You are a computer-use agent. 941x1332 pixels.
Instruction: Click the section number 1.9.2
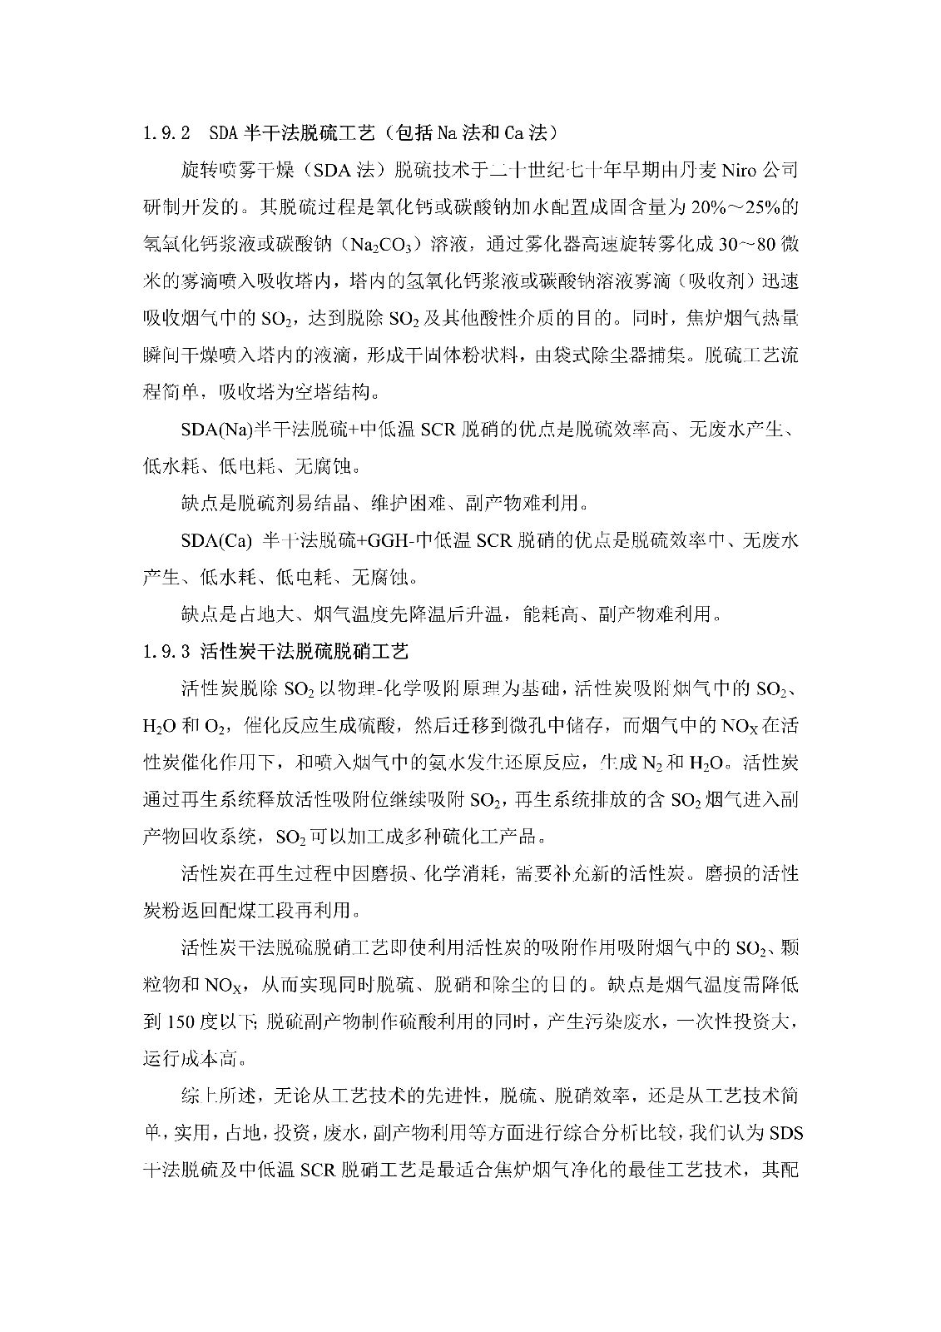[168, 133]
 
